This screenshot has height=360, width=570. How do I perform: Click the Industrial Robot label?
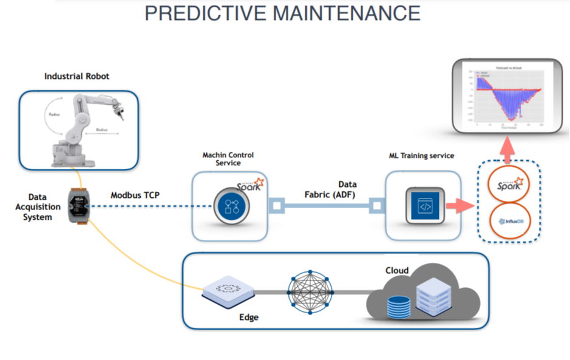(x=76, y=76)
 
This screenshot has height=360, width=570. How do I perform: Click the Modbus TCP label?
(x=134, y=195)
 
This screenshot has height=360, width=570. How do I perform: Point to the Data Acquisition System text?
(x=37, y=207)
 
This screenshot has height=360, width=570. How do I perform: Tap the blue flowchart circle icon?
(x=229, y=206)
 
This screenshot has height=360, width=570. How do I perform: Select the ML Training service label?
(x=421, y=156)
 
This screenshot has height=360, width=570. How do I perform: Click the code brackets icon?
(x=424, y=206)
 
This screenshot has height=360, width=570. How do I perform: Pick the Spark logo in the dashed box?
(x=507, y=183)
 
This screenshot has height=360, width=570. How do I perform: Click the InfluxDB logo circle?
(x=507, y=220)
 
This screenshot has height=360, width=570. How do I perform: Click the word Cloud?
(x=397, y=270)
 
